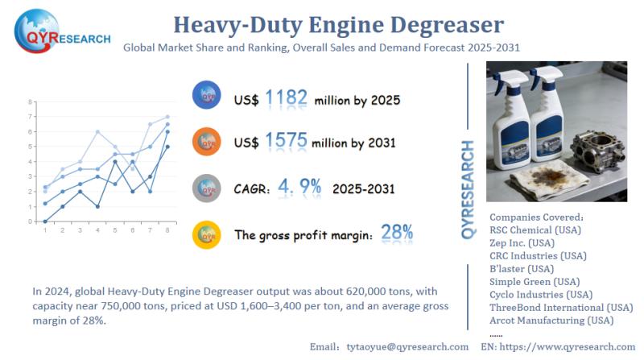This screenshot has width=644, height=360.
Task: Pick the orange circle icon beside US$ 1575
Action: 207,143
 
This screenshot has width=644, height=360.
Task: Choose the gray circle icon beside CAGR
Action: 207,188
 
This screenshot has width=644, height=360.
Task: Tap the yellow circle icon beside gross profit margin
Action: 207,234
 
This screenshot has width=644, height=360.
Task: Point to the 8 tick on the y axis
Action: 30,102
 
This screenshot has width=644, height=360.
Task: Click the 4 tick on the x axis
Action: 97,230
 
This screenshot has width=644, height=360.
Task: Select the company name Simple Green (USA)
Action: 535,281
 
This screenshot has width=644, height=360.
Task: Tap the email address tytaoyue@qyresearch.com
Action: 407,346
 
